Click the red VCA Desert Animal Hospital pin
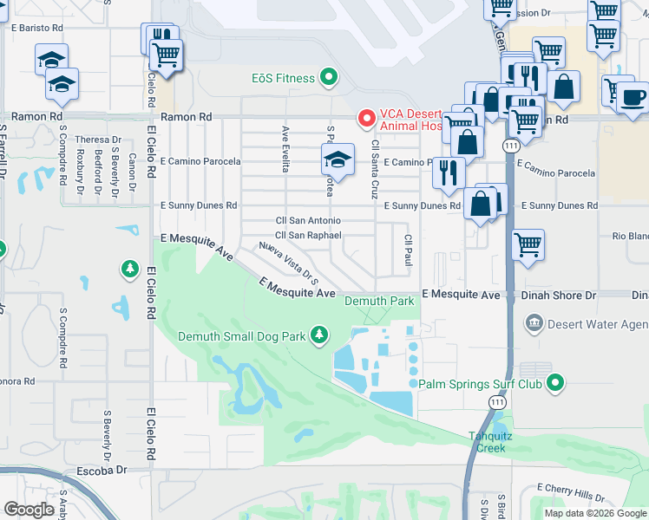pyautogui.click(x=366, y=117)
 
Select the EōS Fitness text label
pyautogui.click(x=283, y=79)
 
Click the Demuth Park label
pyautogui.click(x=379, y=301)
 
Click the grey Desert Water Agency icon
pyautogui.click(x=534, y=324)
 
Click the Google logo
pyautogui.click(x=29, y=509)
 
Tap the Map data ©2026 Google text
pyautogui.click(x=594, y=513)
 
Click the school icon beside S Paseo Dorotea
pyautogui.click(x=338, y=159)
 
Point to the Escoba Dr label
pyautogui.click(x=102, y=470)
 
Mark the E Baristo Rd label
pyautogui.click(x=35, y=28)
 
